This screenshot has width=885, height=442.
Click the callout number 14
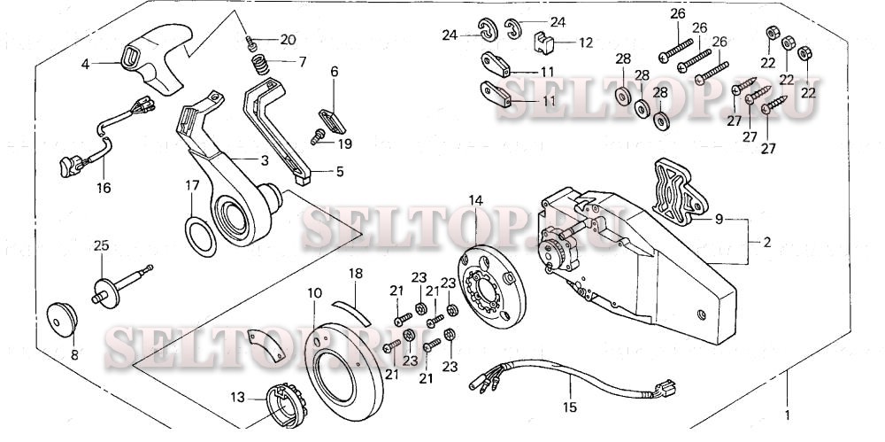[x=475, y=201]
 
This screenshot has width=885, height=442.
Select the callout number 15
[x=569, y=407]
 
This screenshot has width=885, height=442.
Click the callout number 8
[x=73, y=354]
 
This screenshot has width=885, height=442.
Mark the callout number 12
[x=586, y=42]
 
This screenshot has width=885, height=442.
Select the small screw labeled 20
[x=250, y=41]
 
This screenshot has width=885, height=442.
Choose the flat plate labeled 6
[x=329, y=119]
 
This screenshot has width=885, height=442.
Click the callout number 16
[x=104, y=189]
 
